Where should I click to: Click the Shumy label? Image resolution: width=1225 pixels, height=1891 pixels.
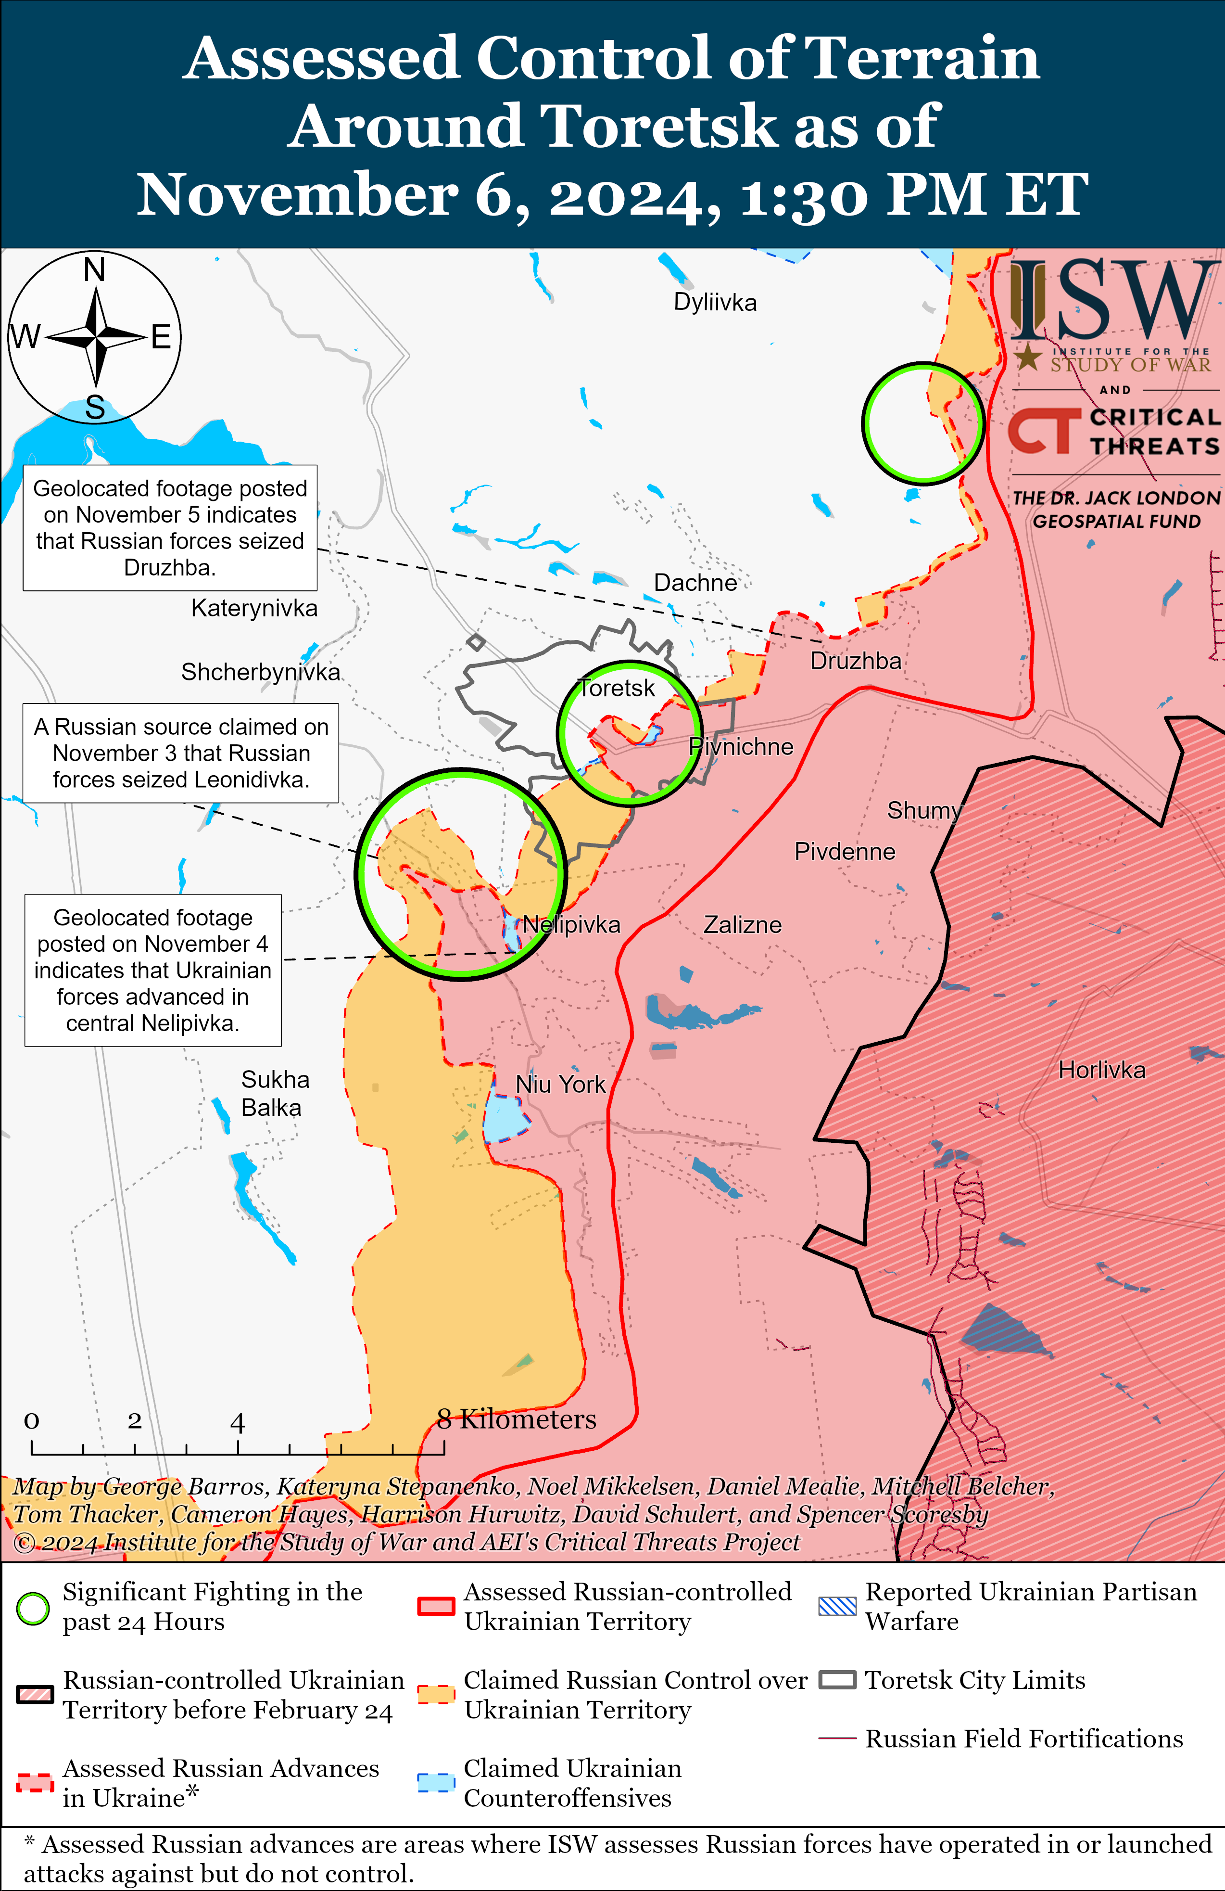(x=923, y=810)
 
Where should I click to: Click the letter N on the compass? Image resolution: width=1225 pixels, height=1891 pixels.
(x=95, y=270)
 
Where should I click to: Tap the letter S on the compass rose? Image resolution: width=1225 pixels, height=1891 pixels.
(x=95, y=408)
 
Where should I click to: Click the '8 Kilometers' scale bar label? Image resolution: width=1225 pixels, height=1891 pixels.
(x=517, y=1418)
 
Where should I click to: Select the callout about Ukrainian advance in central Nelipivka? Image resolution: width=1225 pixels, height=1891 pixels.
(x=152, y=970)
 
